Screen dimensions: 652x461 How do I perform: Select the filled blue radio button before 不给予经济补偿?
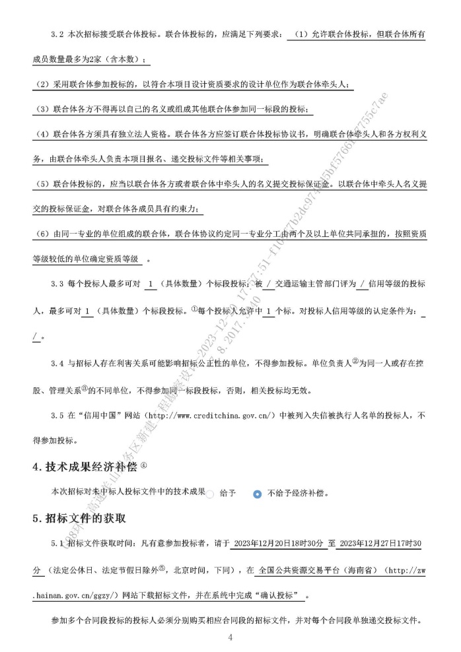click(x=257, y=494)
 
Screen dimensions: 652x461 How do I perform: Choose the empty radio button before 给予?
click(x=211, y=493)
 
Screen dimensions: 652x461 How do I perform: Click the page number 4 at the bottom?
click(x=230, y=637)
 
